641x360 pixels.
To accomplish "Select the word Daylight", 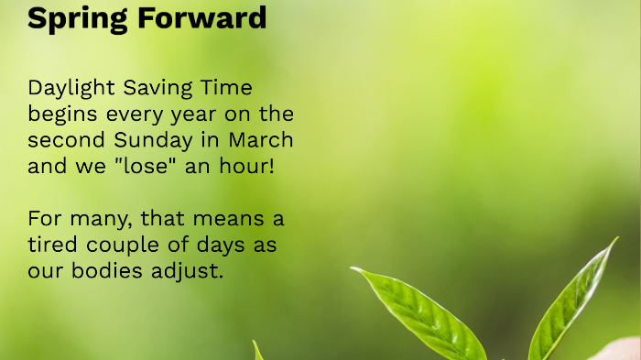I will [x=69, y=89].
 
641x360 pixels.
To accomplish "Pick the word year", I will [x=178, y=115].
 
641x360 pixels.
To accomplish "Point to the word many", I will [x=94, y=220].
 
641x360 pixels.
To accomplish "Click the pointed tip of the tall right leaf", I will [x=615, y=241].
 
